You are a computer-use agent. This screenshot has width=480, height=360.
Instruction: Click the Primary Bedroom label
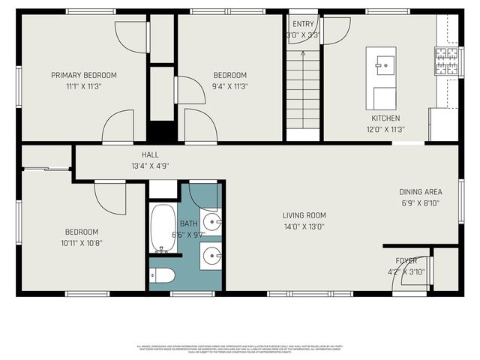[83, 75]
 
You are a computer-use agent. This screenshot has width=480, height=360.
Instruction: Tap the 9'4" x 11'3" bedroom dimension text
[229, 86]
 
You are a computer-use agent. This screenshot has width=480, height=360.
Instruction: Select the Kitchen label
[385, 118]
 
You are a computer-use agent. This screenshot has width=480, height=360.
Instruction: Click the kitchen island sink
[385, 66]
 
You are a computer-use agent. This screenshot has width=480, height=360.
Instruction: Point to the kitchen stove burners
[446, 61]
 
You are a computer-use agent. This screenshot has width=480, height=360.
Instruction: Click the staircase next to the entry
[304, 90]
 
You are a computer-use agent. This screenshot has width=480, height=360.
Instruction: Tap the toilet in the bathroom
[163, 276]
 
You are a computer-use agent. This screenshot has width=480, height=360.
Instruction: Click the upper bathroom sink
[211, 221]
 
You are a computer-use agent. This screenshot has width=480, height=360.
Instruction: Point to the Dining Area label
[421, 192]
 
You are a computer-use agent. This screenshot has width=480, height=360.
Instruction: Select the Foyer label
[406, 261]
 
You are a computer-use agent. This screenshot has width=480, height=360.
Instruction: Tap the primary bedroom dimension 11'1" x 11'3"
[83, 86]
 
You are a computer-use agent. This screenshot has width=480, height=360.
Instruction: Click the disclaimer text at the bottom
[240, 348]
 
